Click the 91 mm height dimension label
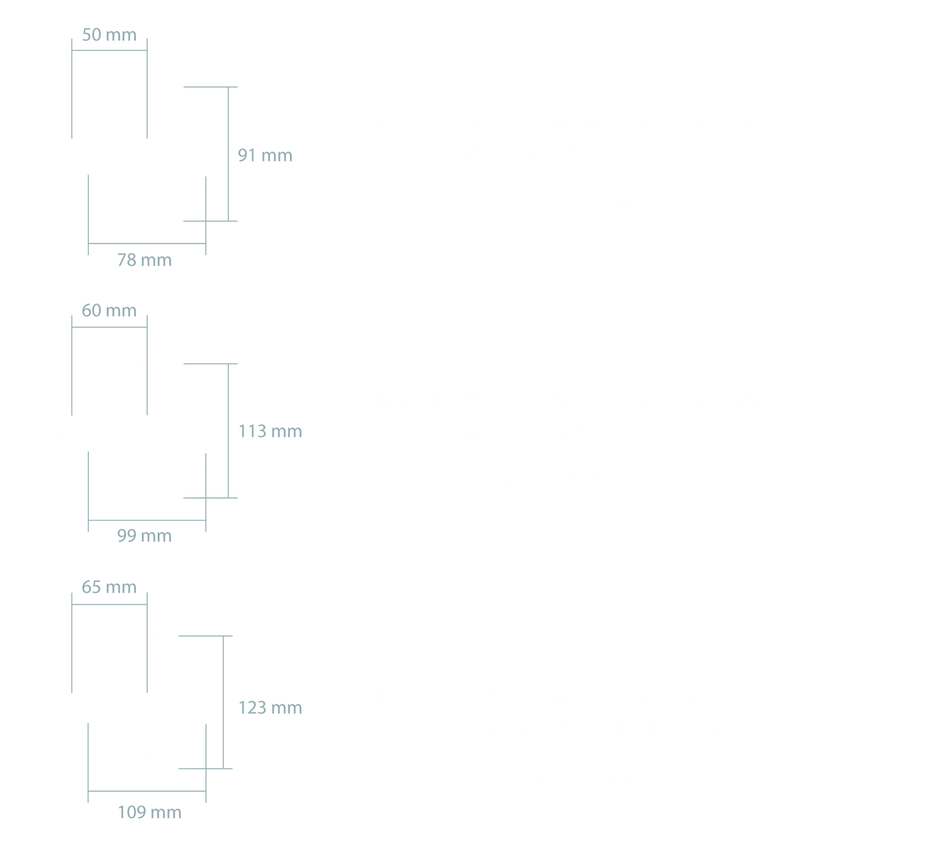[x=265, y=156]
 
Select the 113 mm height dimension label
[x=270, y=430]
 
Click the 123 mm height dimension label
[x=270, y=707]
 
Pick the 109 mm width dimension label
[x=149, y=812]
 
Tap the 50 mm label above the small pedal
[x=109, y=35]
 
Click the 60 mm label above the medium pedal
[x=109, y=311]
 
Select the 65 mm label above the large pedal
[x=109, y=587]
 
